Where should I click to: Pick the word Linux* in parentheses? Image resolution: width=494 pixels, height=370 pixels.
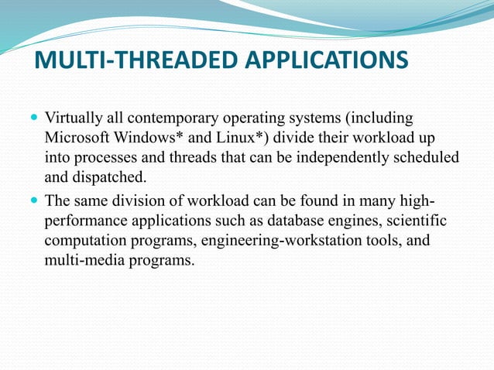coord(236,140)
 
